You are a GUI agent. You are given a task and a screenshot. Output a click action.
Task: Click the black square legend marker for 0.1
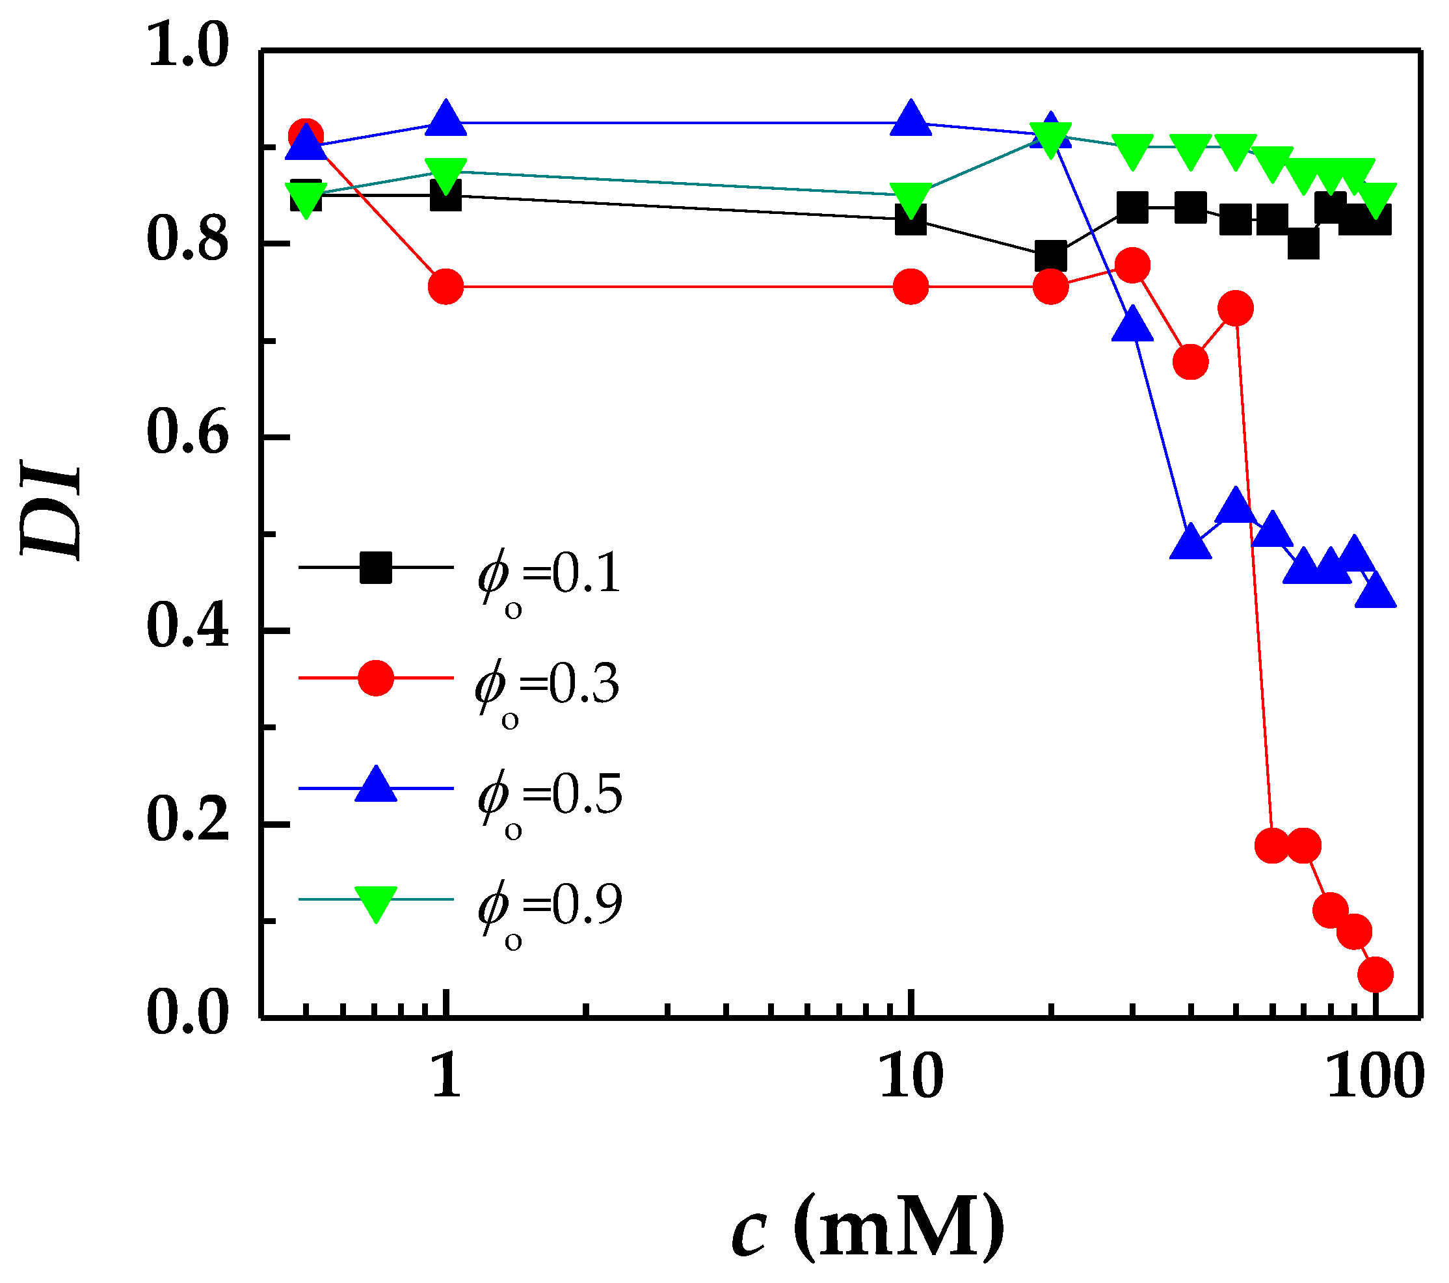click(376, 567)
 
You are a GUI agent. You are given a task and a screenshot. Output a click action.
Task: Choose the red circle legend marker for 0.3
click(376, 678)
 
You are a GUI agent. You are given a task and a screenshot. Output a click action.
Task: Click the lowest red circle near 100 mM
click(1376, 974)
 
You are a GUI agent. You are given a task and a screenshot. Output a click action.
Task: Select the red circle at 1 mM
click(446, 286)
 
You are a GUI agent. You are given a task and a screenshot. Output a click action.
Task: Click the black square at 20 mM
click(1050, 256)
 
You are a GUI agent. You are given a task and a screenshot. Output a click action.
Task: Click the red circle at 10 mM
click(911, 286)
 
